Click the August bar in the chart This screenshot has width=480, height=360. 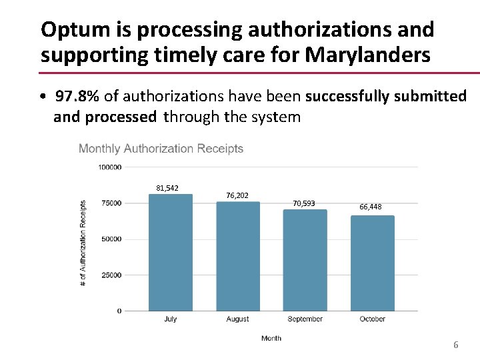coord(238,256)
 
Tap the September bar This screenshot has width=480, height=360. coord(305,260)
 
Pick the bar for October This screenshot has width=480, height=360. coord(373,263)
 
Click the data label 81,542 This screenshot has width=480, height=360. coord(167,188)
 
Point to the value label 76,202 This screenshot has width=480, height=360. coord(237,195)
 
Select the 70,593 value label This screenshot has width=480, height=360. coord(304,203)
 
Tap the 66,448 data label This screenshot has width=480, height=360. coord(371,207)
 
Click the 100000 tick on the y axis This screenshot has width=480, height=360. coord(110,167)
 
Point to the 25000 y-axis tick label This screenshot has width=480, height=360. coord(111,275)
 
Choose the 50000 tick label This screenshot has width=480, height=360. coord(111,239)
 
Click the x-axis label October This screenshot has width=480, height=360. coord(373,319)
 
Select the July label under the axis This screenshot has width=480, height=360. coord(170,319)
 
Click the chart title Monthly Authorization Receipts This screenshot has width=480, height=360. coord(161,149)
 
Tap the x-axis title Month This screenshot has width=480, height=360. coord(271,339)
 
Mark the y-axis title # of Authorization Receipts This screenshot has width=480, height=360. coord(83,243)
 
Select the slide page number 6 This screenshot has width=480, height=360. coord(456,345)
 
